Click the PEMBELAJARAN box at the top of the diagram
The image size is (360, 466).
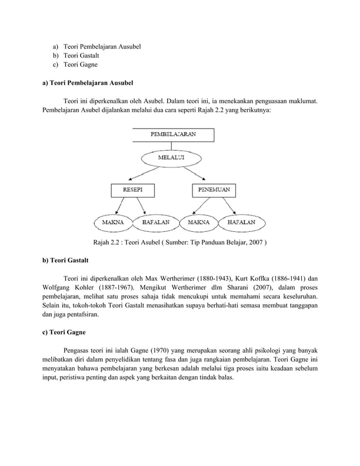point(173,135)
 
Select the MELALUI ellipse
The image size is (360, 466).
point(170,157)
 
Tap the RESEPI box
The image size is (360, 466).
point(133,190)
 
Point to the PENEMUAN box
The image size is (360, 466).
point(214,190)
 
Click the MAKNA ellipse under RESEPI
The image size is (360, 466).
point(113,222)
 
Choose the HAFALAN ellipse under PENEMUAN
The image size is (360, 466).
point(241,222)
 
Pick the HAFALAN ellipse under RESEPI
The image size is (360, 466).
point(152,222)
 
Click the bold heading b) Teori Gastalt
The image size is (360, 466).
point(65,261)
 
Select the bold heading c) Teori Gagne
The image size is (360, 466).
point(64,332)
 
